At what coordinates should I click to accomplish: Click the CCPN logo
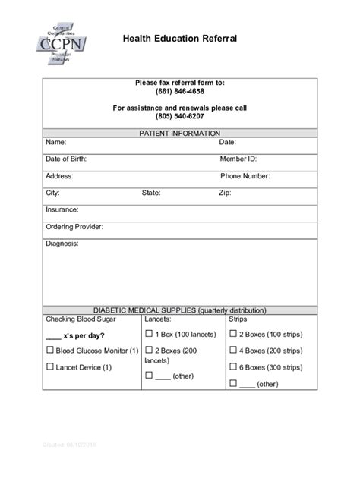click(x=60, y=48)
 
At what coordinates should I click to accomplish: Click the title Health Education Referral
click(x=180, y=38)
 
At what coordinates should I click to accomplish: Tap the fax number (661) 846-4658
click(x=180, y=92)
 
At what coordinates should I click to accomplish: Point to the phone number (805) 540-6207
click(x=180, y=118)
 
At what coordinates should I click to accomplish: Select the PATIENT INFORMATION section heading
click(x=179, y=133)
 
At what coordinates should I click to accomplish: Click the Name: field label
click(x=56, y=142)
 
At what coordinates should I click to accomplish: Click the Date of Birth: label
click(x=66, y=159)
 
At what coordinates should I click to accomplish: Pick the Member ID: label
click(x=238, y=159)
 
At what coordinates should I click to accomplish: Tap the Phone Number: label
click(x=245, y=175)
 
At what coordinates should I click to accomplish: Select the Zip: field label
click(x=225, y=193)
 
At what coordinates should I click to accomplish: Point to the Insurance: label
click(x=62, y=209)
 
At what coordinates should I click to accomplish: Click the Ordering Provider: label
click(x=74, y=227)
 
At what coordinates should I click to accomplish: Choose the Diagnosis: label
click(x=62, y=244)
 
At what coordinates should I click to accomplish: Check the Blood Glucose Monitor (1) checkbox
click(x=50, y=350)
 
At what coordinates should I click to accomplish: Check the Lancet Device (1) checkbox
click(x=50, y=366)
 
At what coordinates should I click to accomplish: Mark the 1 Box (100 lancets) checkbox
click(x=149, y=334)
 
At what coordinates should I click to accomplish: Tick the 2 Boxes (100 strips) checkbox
click(x=233, y=334)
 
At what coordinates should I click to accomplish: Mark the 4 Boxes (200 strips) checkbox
click(x=233, y=350)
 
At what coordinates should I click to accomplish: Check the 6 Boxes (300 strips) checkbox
click(x=233, y=366)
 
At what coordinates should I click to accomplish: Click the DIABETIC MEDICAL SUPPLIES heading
click(x=179, y=310)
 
